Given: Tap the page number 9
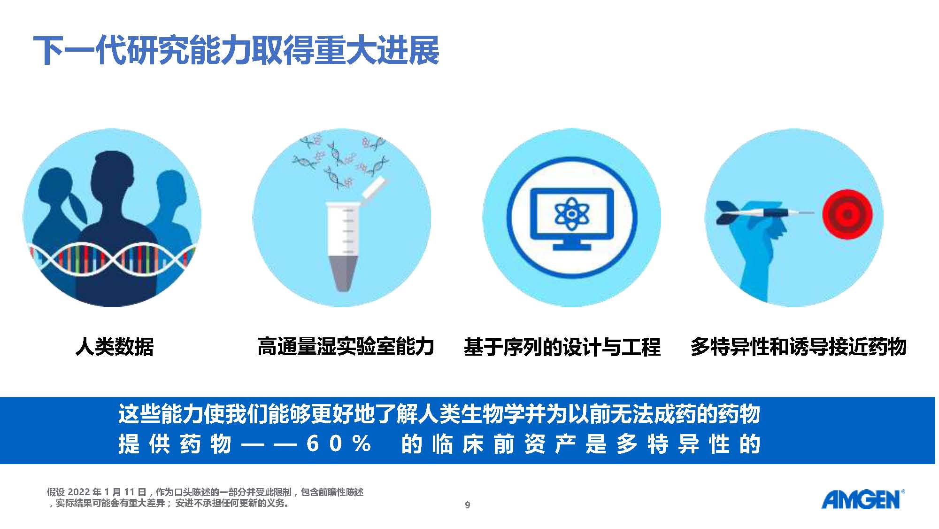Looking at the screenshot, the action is (467, 505).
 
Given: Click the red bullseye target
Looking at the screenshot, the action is (847, 214).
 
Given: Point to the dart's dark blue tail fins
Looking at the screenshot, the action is (727, 213).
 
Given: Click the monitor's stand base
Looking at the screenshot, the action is (571, 246).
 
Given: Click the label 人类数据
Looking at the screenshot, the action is (115, 347).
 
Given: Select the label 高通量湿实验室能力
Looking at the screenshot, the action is (346, 347).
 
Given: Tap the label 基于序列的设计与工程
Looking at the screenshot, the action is (562, 347).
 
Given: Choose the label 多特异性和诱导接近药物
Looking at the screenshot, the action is (798, 347).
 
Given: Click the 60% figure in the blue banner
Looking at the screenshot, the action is (339, 443).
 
